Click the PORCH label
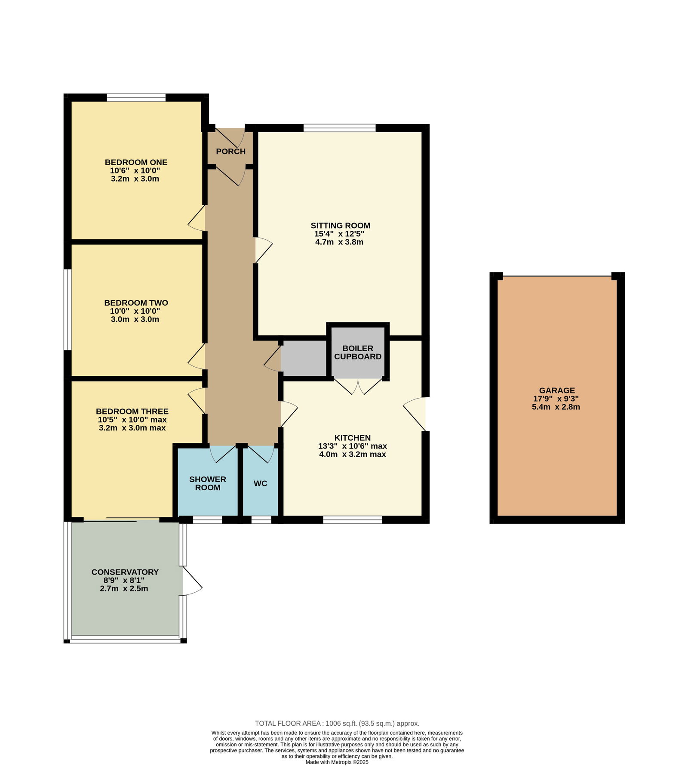pyautogui.click(x=231, y=152)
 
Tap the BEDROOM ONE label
pyautogui.click(x=136, y=162)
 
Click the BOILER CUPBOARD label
pyautogui.click(x=358, y=353)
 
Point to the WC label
pyautogui.click(x=261, y=483)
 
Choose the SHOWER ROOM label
pyautogui.click(x=208, y=483)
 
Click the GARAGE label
pyautogui.click(x=557, y=390)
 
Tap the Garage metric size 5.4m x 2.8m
pyautogui.click(x=556, y=407)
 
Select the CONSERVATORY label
pyautogui.click(x=125, y=572)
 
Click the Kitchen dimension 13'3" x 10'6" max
pyautogui.click(x=353, y=446)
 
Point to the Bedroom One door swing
pyautogui.click(x=196, y=219)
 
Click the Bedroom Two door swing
pyautogui.click(x=196, y=356)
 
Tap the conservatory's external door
pyautogui.click(x=192, y=581)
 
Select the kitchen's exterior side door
pyautogui.click(x=415, y=414)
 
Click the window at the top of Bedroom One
pyautogui.click(x=136, y=98)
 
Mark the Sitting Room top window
pyautogui.click(x=339, y=128)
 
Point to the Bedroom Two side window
pyautogui.click(x=68, y=309)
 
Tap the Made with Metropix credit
pyautogui.click(x=337, y=762)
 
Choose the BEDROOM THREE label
pyautogui.click(x=132, y=411)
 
